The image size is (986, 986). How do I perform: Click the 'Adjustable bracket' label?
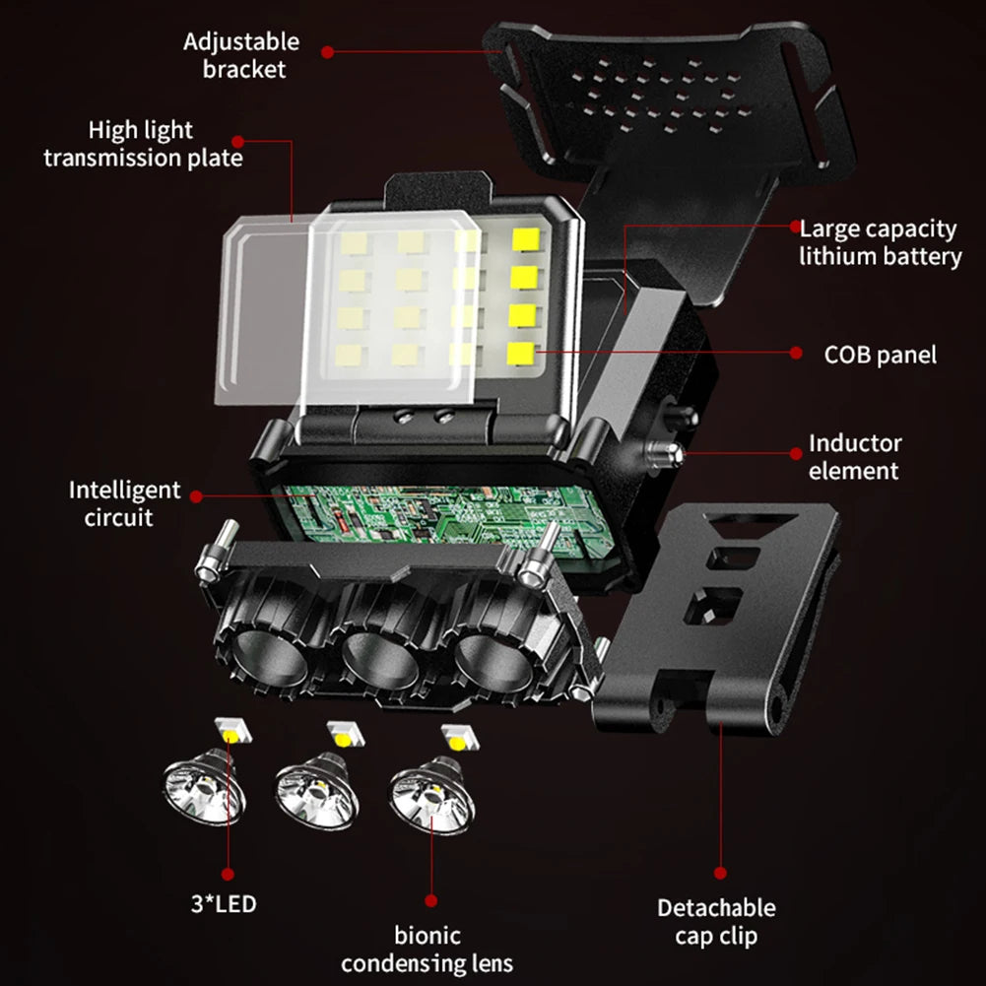(240, 55)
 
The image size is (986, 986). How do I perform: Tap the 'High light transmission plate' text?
(143, 144)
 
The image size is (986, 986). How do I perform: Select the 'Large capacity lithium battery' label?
(880, 242)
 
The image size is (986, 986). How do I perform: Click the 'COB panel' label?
(881, 354)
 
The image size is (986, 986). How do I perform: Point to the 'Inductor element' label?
(854, 457)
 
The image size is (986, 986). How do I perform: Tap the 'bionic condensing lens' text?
(427, 949)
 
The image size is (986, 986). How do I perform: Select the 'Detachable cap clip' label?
(716, 921)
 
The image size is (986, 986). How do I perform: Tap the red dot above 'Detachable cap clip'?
(720, 873)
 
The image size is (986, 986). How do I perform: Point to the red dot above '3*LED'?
(228, 873)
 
